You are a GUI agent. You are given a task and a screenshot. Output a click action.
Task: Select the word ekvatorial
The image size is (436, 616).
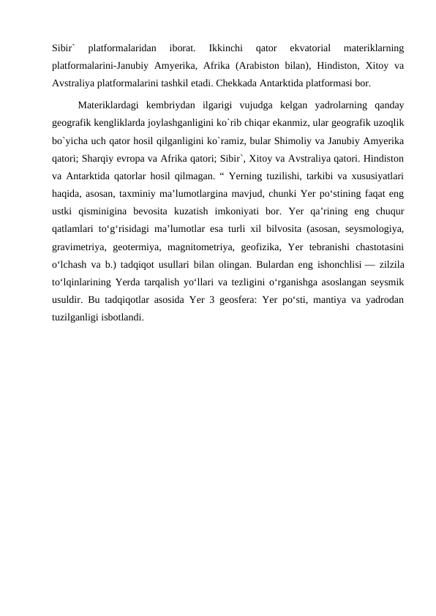pos(310,48)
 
